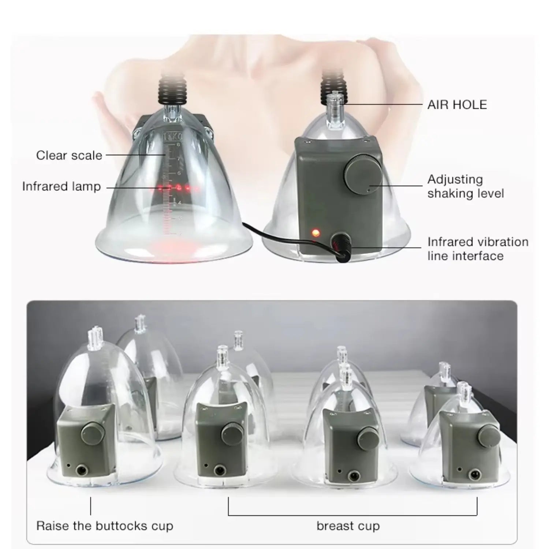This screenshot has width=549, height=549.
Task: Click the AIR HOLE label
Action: (457, 105)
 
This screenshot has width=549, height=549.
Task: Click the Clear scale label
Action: (69, 155)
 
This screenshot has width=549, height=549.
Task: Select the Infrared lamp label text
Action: (61, 186)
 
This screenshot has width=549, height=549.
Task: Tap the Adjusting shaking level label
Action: (465, 186)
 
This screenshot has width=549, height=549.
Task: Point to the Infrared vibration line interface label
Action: (478, 249)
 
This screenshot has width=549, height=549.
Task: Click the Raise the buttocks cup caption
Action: (104, 526)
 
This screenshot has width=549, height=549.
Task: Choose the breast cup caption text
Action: (348, 526)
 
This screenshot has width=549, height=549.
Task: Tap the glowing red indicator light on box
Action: (315, 232)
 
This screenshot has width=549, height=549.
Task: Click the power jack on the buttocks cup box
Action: (79, 468)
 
